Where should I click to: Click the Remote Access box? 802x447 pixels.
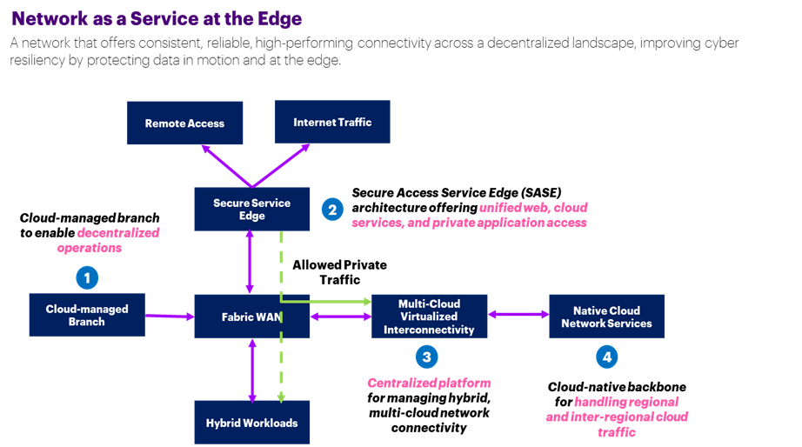point(184,123)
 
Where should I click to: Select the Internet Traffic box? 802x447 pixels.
point(331,122)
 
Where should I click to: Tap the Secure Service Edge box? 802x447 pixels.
point(252,209)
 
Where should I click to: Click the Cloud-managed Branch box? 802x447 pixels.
point(87,315)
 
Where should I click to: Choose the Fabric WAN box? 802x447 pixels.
point(251,317)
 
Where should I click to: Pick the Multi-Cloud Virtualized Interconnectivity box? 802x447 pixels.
point(430,317)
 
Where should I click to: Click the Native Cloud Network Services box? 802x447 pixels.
point(606,317)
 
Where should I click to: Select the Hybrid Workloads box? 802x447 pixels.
point(252,424)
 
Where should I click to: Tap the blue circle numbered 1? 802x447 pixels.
point(86,278)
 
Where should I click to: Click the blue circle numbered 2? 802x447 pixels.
point(331,209)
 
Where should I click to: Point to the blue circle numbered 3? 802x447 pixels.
point(425,356)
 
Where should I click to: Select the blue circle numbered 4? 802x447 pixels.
point(606,356)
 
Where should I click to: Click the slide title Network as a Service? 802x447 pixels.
point(157,18)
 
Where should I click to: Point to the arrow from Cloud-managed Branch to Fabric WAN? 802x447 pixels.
point(170,316)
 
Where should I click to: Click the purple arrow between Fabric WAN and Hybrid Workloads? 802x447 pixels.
point(252,370)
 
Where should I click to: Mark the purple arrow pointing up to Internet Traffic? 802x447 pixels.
point(283,165)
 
